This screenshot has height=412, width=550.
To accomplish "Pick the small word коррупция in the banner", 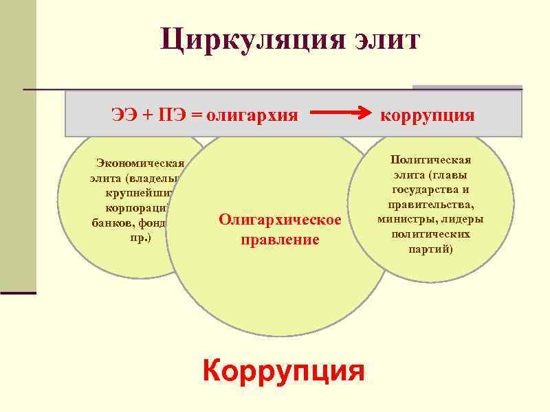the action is [x=427, y=114].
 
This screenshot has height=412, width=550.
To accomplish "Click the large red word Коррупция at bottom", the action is [x=283, y=371].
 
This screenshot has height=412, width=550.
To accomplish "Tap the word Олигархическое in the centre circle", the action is [x=280, y=220].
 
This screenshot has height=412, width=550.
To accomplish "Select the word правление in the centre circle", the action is [x=280, y=240].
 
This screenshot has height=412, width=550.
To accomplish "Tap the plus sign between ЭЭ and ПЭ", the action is [x=147, y=114].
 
